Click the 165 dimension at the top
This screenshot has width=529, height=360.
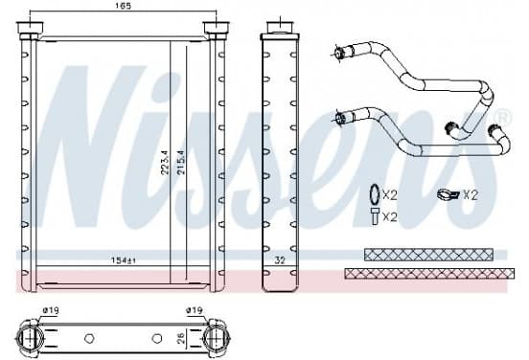point(123,6)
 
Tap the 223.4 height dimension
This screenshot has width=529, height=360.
point(164,162)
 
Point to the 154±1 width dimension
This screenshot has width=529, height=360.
point(123,260)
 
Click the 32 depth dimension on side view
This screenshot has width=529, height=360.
point(280,260)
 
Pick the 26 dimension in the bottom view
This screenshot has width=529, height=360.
point(181,338)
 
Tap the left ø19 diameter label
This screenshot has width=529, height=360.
point(51,310)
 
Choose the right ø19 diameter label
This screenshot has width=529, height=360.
point(195,310)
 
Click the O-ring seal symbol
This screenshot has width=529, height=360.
point(375,194)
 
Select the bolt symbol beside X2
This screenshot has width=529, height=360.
point(375,216)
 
